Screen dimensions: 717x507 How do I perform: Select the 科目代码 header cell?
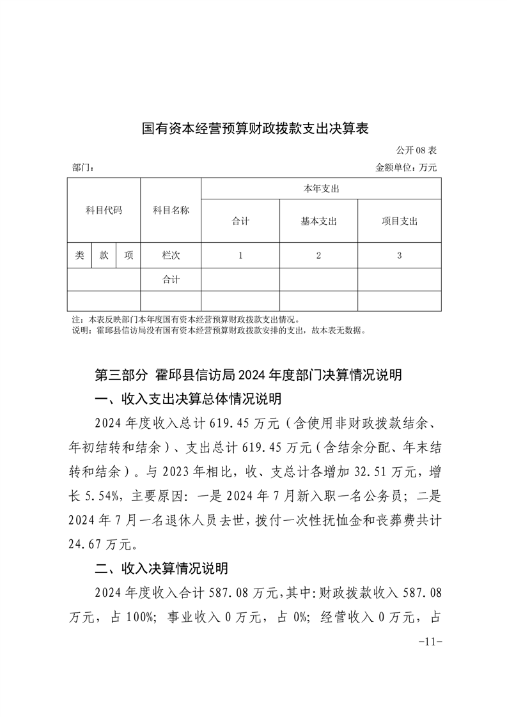point(104,210)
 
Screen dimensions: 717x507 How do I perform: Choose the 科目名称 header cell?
point(171,210)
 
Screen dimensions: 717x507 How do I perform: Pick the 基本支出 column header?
point(318,221)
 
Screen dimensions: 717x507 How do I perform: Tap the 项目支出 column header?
point(399,221)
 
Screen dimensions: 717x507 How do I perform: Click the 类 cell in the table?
point(79,255)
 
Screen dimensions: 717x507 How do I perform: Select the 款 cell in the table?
point(104,255)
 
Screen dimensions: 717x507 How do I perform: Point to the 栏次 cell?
point(171,255)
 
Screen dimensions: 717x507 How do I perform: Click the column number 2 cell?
point(318,256)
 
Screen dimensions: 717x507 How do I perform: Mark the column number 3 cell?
point(399,256)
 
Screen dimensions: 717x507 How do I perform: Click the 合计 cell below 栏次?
point(171,279)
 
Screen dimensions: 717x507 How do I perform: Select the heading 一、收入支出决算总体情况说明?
point(187,399)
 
